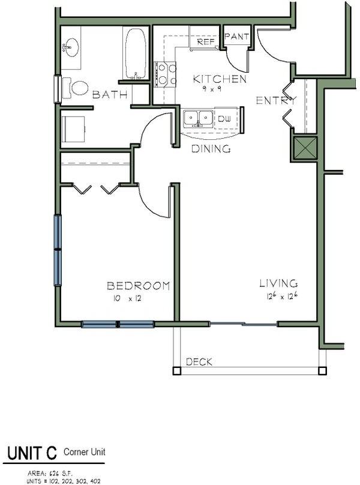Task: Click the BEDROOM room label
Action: pyautogui.click(x=138, y=286)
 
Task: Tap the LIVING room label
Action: pyautogui.click(x=279, y=283)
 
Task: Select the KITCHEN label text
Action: pyautogui.click(x=219, y=79)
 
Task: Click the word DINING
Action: pyautogui.click(x=211, y=149)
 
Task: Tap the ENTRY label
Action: pyautogui.click(x=276, y=100)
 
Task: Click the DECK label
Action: pyautogui.click(x=199, y=361)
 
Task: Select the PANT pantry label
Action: pyautogui.click(x=236, y=37)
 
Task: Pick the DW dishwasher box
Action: pyautogui.click(x=224, y=119)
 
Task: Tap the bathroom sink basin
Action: pyautogui.click(x=71, y=47)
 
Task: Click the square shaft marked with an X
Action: pyautogui.click(x=304, y=148)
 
